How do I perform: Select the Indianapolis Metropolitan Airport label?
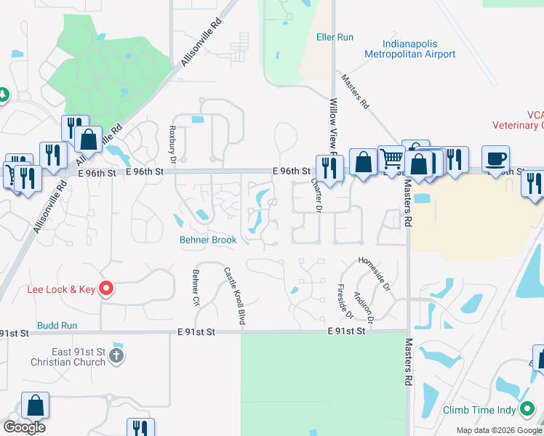pyautogui.click(x=409, y=49)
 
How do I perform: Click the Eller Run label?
pyautogui.click(x=335, y=37)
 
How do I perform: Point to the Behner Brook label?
pyautogui.click(x=209, y=240)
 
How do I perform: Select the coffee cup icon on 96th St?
pyautogui.click(x=495, y=158)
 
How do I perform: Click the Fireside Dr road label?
pyautogui.click(x=345, y=301)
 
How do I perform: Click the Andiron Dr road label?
pyautogui.click(x=363, y=307)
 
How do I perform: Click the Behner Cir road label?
pyautogui.click(x=196, y=288)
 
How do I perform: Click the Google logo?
pyautogui.click(x=24, y=427)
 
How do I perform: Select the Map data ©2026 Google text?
pyautogui.click(x=498, y=430)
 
